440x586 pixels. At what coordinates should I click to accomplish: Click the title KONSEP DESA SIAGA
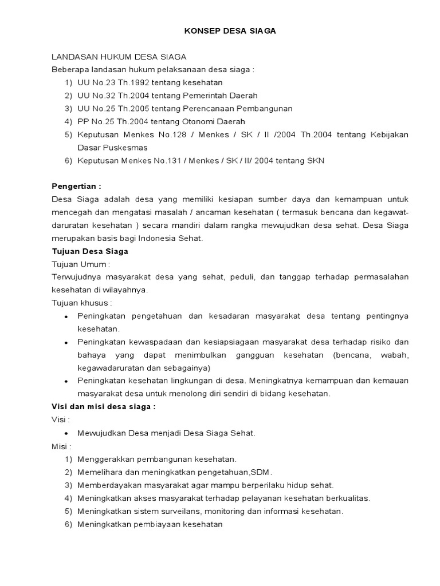pyautogui.click(x=230, y=31)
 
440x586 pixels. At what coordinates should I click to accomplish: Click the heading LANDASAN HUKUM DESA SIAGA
pyautogui.click(x=119, y=57)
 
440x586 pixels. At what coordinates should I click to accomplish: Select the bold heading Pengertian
pyautogui.click(x=76, y=187)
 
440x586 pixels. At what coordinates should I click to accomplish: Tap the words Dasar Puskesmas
pyautogui.click(x=112, y=148)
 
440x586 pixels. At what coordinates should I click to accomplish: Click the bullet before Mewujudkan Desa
pyautogui.click(x=66, y=434)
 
